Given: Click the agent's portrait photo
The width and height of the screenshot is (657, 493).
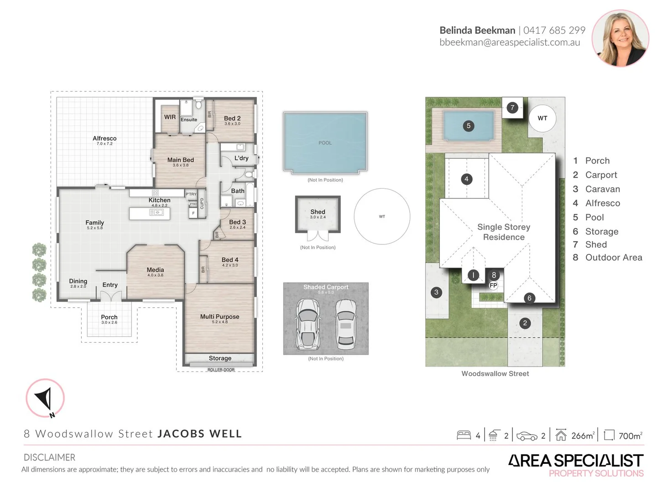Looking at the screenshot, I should tap(620, 38).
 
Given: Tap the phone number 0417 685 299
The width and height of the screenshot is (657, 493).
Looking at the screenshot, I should tap(554, 30).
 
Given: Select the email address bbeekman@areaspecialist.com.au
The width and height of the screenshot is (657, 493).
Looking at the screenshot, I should tap(510, 42).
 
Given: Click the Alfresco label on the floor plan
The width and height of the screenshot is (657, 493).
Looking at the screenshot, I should tap(104, 138).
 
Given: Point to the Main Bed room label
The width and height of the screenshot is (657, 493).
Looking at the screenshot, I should tap(180, 160).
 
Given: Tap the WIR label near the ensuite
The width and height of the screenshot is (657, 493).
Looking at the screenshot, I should tap(170, 117).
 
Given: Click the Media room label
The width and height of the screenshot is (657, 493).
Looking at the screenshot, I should tap(155, 270).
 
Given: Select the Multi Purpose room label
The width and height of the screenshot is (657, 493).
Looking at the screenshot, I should tap(219, 316).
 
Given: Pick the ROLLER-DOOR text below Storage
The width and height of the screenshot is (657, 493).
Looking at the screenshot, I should tap(221, 370).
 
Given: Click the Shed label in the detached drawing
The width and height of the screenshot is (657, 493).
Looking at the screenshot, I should tap(318, 212).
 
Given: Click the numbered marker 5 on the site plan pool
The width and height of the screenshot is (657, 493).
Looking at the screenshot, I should tap(469, 126).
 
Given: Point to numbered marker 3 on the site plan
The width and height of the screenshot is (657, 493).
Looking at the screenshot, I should tap(436, 292).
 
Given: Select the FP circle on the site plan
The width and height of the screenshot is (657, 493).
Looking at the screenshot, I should tap(493, 285).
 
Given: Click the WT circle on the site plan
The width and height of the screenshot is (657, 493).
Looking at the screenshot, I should tap(542, 118).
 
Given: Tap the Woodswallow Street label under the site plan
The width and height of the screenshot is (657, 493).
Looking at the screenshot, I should tap(495, 373).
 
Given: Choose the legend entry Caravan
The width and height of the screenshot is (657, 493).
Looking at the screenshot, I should tap(602, 189).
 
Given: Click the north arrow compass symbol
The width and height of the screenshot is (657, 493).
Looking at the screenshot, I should tap(45, 398).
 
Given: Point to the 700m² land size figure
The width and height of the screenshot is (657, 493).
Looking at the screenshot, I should tap(630, 436).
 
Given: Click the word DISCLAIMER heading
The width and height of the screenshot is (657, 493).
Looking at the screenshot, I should tap(49, 457).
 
